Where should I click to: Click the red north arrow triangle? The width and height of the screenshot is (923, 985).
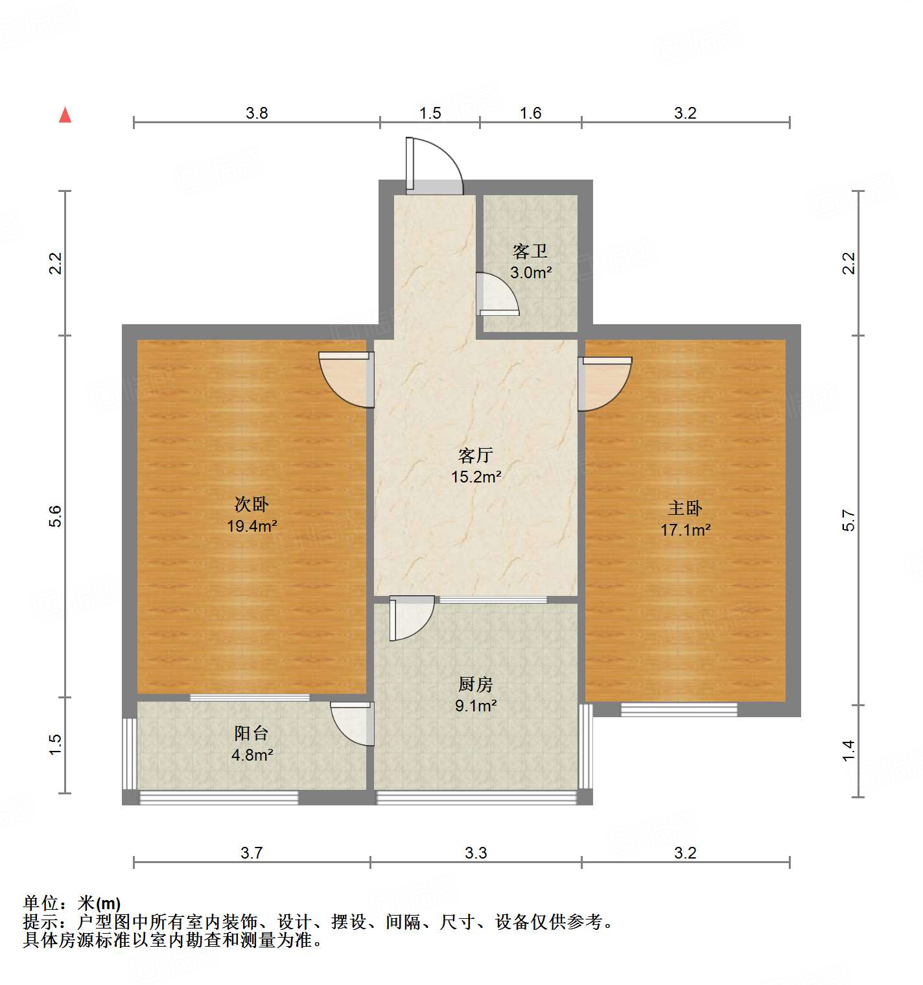point(65,115)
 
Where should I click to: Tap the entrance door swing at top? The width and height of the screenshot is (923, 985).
point(434,167)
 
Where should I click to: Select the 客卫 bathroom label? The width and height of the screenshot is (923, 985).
point(530,251)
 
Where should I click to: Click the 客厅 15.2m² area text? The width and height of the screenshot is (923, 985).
point(476,477)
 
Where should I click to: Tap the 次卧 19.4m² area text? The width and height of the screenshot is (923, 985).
point(251,526)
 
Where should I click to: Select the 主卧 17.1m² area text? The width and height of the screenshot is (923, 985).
point(685,530)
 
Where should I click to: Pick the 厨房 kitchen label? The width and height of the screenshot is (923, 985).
point(476,684)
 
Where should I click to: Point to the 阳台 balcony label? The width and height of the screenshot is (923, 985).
point(251,733)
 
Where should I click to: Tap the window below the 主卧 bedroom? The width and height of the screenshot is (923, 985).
point(679,709)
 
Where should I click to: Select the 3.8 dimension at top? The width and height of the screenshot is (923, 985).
point(257,113)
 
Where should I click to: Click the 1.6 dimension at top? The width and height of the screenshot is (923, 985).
point(530,113)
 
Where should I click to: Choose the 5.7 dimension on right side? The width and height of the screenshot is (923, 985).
point(848,520)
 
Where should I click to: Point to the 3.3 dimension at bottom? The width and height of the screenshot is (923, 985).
point(476,853)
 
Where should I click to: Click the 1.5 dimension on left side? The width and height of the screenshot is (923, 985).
point(56,744)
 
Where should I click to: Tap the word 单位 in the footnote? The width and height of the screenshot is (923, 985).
point(41,903)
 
